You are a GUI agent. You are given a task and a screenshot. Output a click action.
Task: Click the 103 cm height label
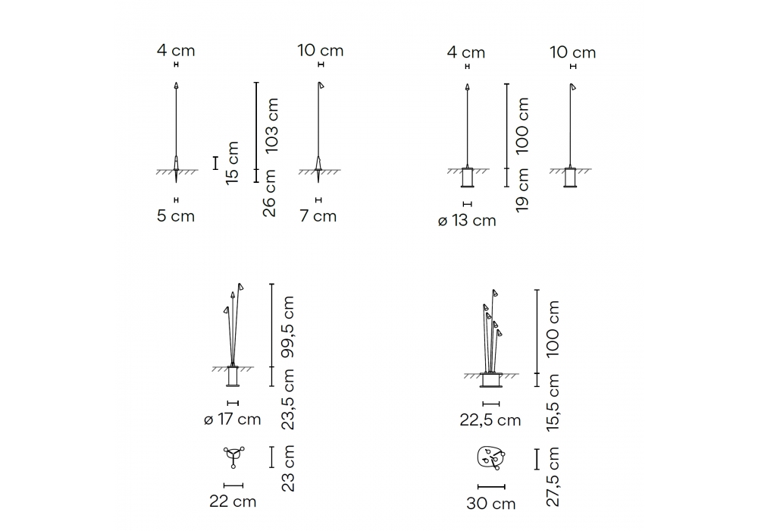point(272,125)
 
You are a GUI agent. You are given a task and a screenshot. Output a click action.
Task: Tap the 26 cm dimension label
point(269,193)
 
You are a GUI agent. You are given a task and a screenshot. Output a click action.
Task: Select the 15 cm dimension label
point(232,162)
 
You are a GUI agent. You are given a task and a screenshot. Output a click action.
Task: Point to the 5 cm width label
point(176,215)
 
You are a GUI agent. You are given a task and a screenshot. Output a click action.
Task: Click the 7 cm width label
point(318,215)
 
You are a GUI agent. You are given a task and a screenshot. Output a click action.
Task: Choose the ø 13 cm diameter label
point(467,221)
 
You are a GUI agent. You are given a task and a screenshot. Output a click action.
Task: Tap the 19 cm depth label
point(522,190)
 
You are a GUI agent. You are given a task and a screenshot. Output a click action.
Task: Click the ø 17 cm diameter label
point(233,419)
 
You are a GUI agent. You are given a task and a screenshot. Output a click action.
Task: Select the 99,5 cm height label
point(287,327)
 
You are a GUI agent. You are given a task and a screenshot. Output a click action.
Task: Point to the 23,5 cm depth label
point(287,399)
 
